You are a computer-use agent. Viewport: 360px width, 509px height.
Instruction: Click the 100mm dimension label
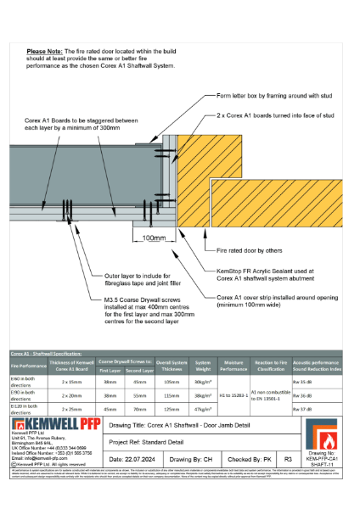click(155, 238)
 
